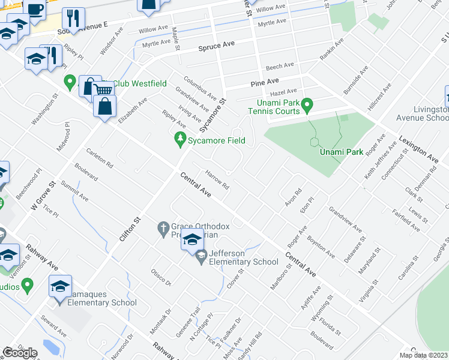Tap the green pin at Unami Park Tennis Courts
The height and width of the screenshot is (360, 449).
307,106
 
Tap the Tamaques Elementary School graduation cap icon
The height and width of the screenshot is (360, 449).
60,286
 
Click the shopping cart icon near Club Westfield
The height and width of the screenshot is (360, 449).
103,89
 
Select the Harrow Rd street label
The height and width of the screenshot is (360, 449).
217,179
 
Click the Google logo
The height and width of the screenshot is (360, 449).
20,353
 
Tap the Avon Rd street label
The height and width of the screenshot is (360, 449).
293,196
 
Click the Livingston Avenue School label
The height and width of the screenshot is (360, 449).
431,114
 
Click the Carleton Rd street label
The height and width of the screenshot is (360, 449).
99,157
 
